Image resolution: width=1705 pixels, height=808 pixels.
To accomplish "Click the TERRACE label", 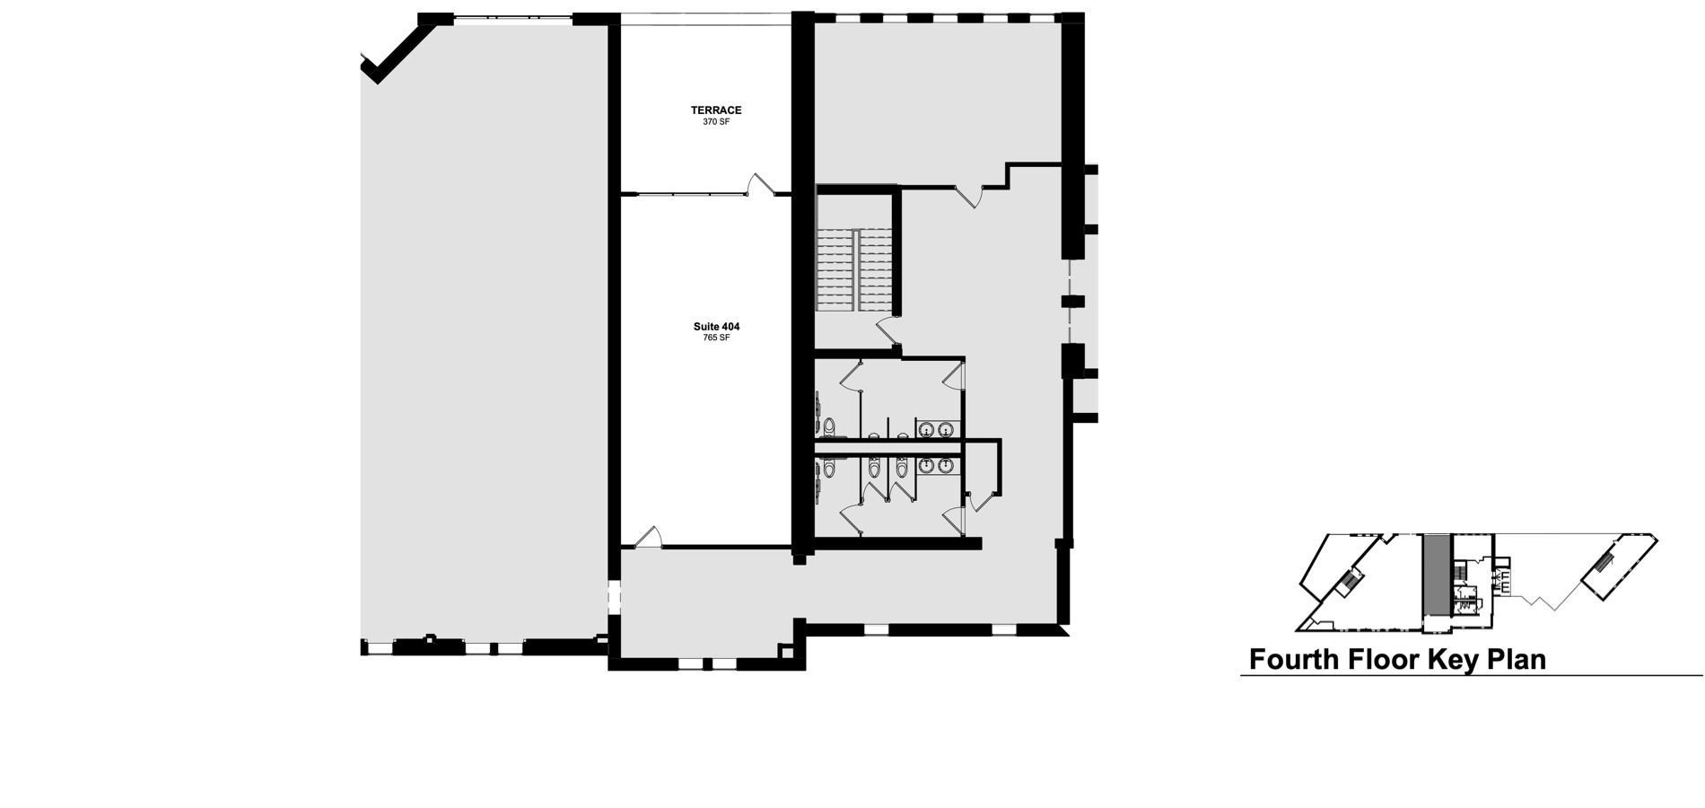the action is tap(716, 110).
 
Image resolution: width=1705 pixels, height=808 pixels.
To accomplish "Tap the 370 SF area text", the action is tap(716, 122).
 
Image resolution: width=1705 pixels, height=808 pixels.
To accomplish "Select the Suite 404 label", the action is tap(716, 327).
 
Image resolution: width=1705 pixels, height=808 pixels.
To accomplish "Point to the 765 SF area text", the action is tap(716, 338).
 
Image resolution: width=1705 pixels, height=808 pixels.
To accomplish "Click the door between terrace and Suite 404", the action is tap(760, 184).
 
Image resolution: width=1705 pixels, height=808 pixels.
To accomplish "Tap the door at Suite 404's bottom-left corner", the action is tap(648, 536).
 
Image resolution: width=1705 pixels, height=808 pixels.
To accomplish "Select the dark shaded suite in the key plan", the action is tap(1436, 575).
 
